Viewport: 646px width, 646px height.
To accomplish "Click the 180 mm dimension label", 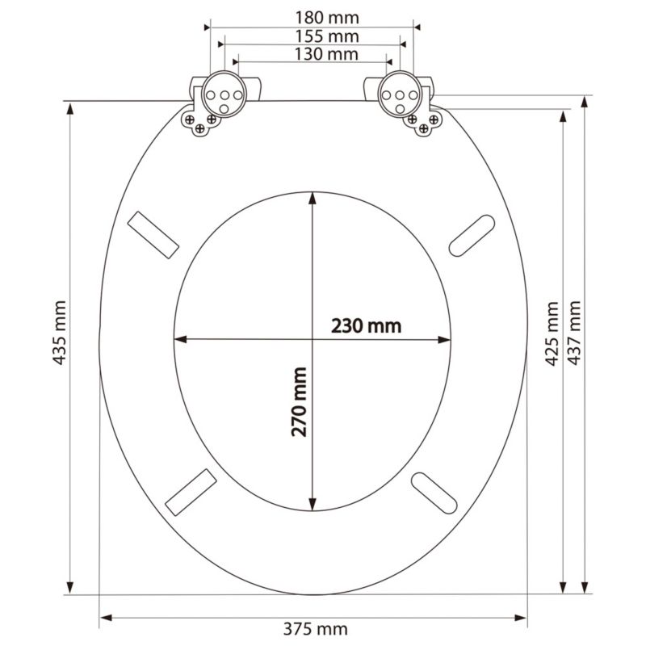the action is pyautogui.click(x=327, y=18).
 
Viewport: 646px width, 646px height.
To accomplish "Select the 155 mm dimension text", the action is pyautogui.click(x=327, y=36).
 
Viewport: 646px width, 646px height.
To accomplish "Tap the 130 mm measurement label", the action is pyautogui.click(x=326, y=54).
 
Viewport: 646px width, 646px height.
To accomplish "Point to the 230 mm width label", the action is pyautogui.click(x=367, y=326).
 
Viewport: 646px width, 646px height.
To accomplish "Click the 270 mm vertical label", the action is pyautogui.click(x=299, y=401).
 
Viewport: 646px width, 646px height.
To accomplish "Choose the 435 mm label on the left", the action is pyautogui.click(x=59, y=333).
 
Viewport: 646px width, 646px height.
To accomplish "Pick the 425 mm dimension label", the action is pyautogui.click(x=552, y=333).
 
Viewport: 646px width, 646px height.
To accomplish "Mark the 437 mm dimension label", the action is pyautogui.click(x=574, y=333).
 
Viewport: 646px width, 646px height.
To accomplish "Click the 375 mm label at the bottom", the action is pyautogui.click(x=316, y=629).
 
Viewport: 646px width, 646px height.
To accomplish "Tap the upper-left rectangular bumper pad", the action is pyautogui.click(x=153, y=235).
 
